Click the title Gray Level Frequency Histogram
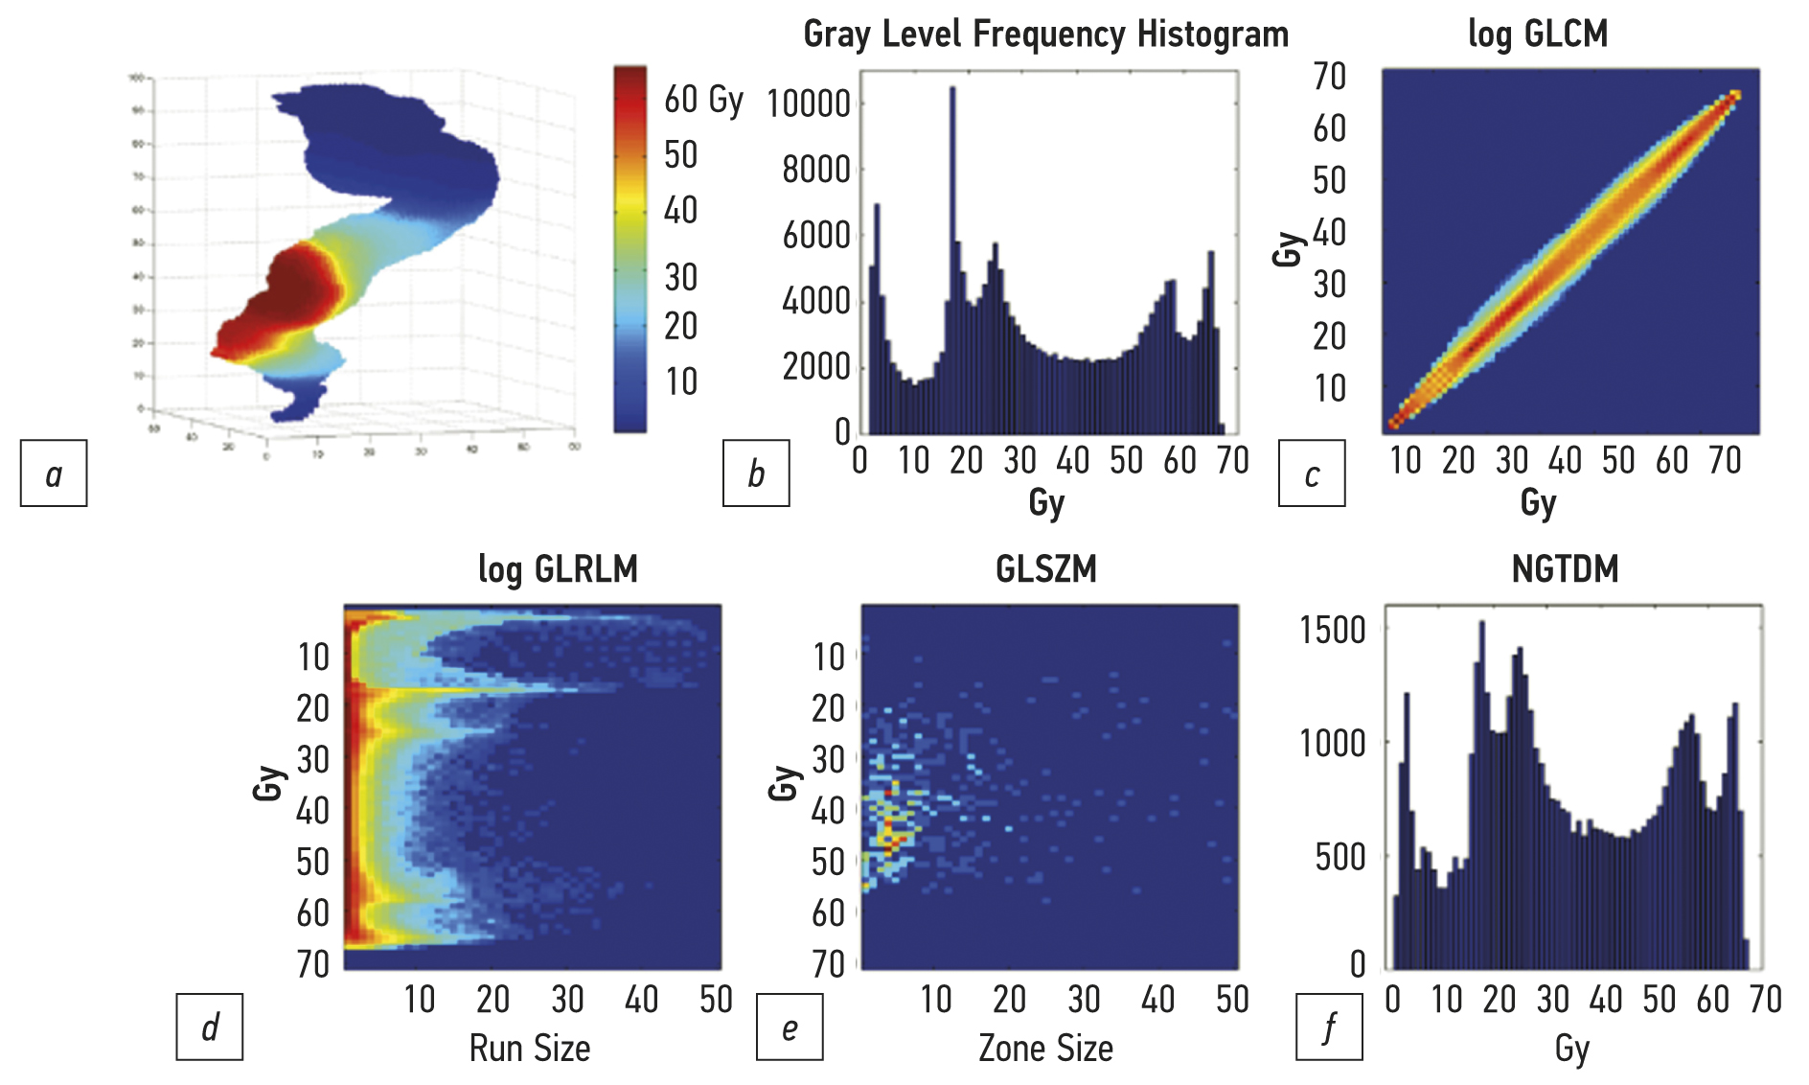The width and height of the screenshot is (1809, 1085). point(1045,35)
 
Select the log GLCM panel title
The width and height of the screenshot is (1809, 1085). point(1538,35)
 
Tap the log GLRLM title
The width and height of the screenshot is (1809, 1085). point(558,569)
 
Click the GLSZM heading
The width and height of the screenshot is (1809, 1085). point(1045,569)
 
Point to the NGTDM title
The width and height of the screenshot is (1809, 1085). point(1565,569)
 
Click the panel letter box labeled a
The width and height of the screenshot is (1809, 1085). point(54,473)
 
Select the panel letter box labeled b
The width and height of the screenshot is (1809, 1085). point(756,473)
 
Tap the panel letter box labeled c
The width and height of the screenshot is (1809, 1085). point(1312,473)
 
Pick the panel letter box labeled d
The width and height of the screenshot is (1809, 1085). point(209,1027)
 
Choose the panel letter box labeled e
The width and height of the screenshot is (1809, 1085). point(790,1027)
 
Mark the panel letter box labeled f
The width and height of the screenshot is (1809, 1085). point(1329,1027)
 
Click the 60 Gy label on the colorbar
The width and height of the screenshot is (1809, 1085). point(703,99)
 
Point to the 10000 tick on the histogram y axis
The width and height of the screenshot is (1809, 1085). point(809,104)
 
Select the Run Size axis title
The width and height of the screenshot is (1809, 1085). point(529,1049)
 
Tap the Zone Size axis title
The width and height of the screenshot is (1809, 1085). point(1045,1049)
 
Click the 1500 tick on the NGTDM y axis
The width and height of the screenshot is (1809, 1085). point(1332,631)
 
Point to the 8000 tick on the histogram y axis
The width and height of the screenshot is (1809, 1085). point(815,170)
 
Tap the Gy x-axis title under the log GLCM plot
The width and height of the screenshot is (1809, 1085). point(1538,502)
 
